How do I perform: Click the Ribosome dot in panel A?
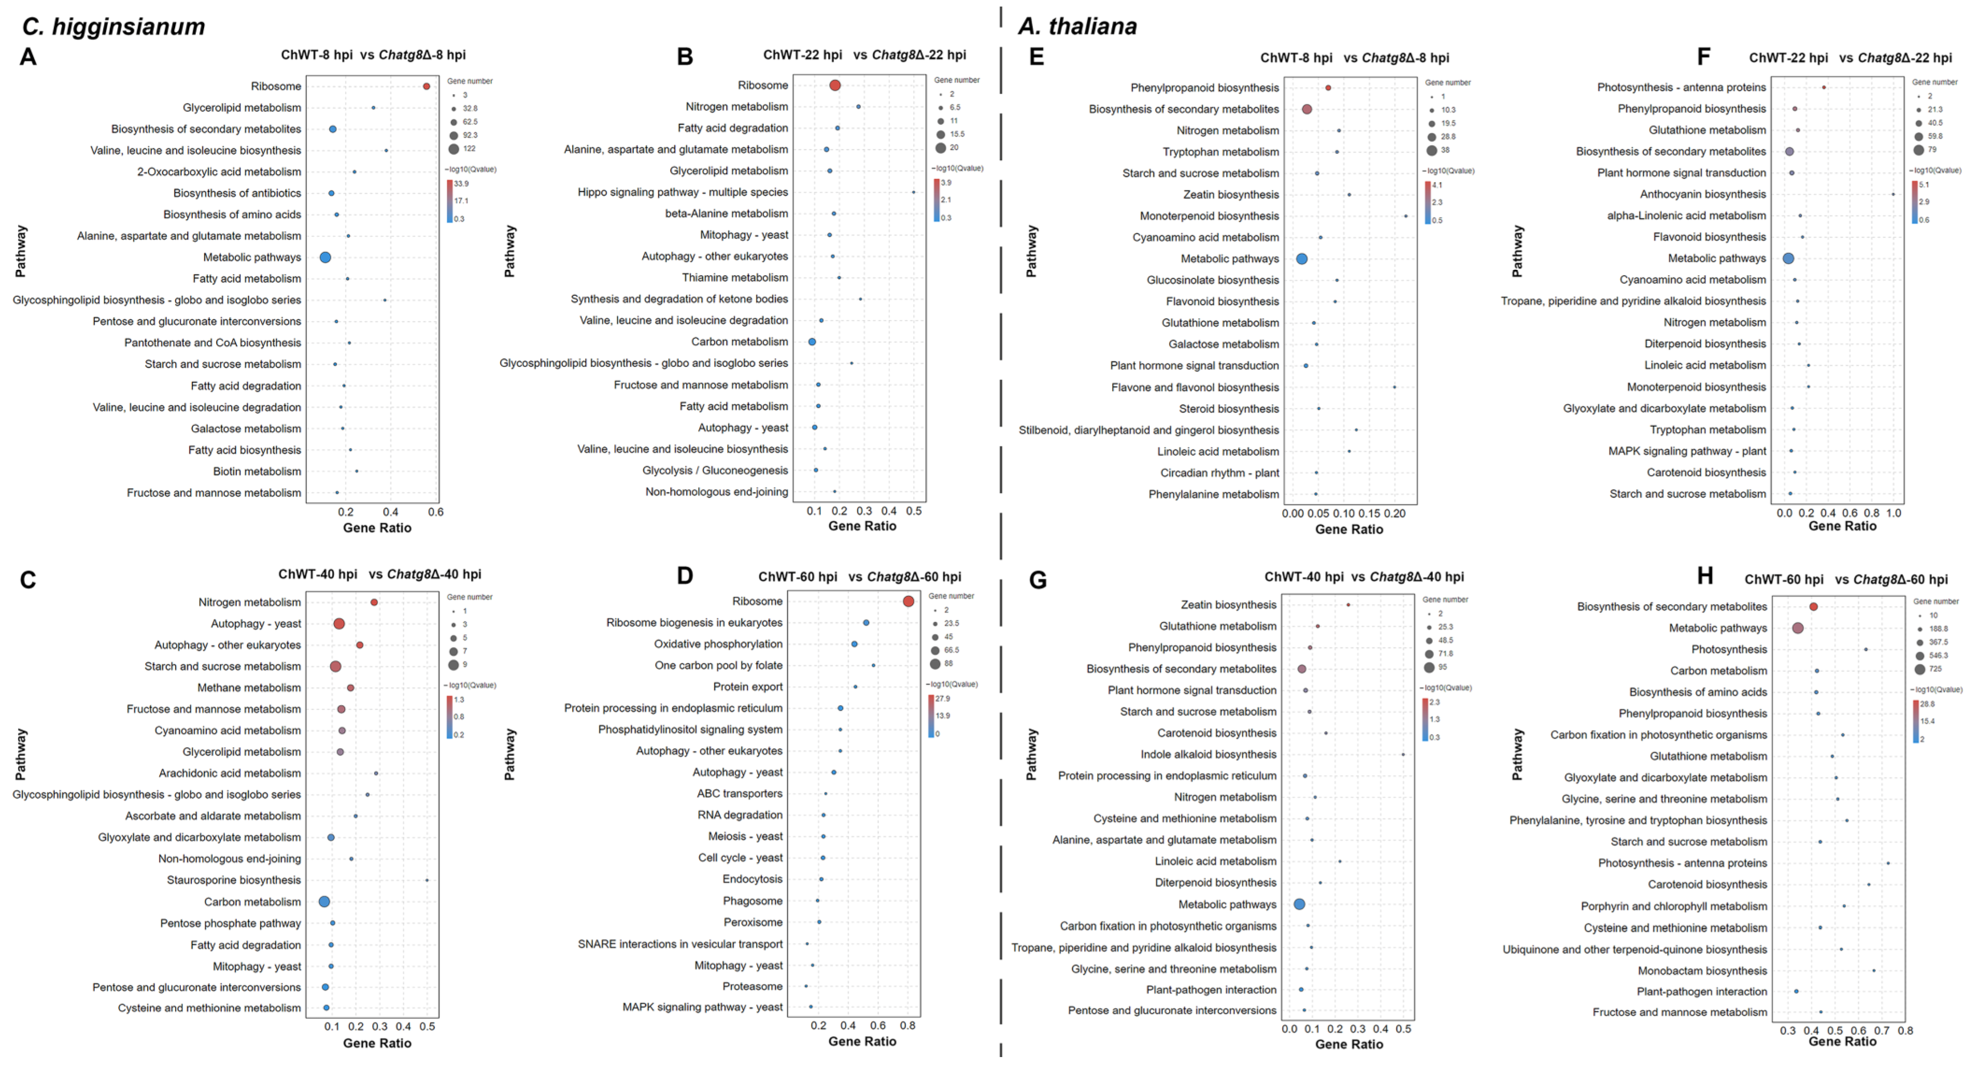tap(426, 86)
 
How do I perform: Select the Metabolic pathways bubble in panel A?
tap(326, 257)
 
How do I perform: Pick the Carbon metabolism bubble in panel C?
tap(325, 902)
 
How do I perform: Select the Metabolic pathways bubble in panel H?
tap(1797, 628)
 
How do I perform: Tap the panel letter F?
tap(1703, 57)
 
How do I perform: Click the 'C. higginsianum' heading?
tap(113, 26)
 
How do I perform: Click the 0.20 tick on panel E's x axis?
tap(1395, 514)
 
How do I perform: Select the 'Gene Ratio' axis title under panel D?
tap(862, 1041)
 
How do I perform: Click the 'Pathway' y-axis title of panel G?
tap(1031, 754)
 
